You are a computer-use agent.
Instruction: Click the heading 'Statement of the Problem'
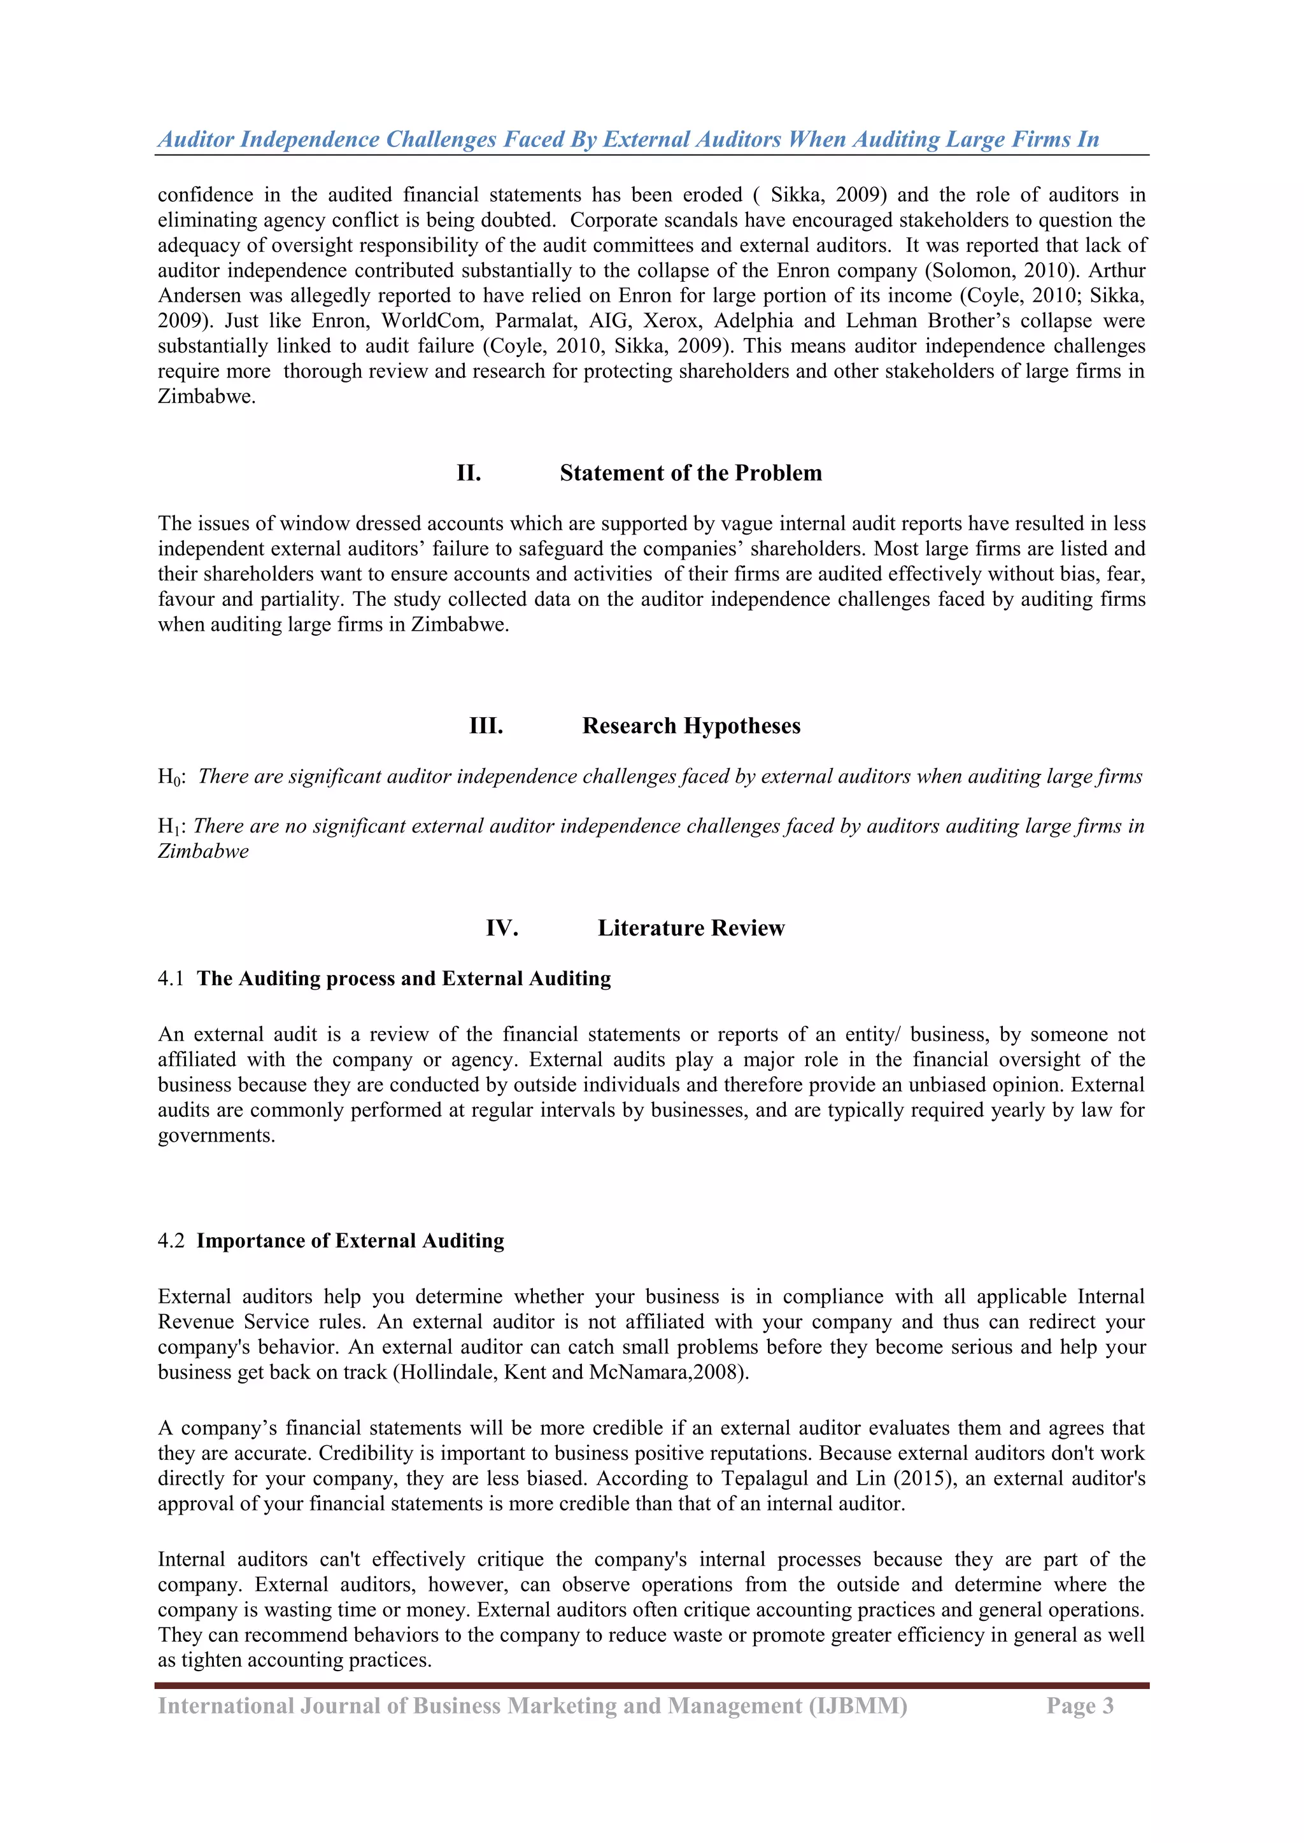click(691, 473)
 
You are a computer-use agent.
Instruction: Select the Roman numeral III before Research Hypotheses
click(486, 725)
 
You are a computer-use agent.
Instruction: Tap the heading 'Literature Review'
click(691, 928)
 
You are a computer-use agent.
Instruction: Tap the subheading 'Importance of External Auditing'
click(350, 1241)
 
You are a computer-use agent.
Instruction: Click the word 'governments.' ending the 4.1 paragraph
click(216, 1136)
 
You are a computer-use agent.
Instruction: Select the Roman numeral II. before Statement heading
click(469, 473)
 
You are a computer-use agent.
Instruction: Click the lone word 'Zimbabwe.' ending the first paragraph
click(206, 396)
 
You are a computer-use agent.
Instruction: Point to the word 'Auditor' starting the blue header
click(196, 139)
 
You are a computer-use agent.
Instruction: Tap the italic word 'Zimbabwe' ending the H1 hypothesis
click(203, 851)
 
